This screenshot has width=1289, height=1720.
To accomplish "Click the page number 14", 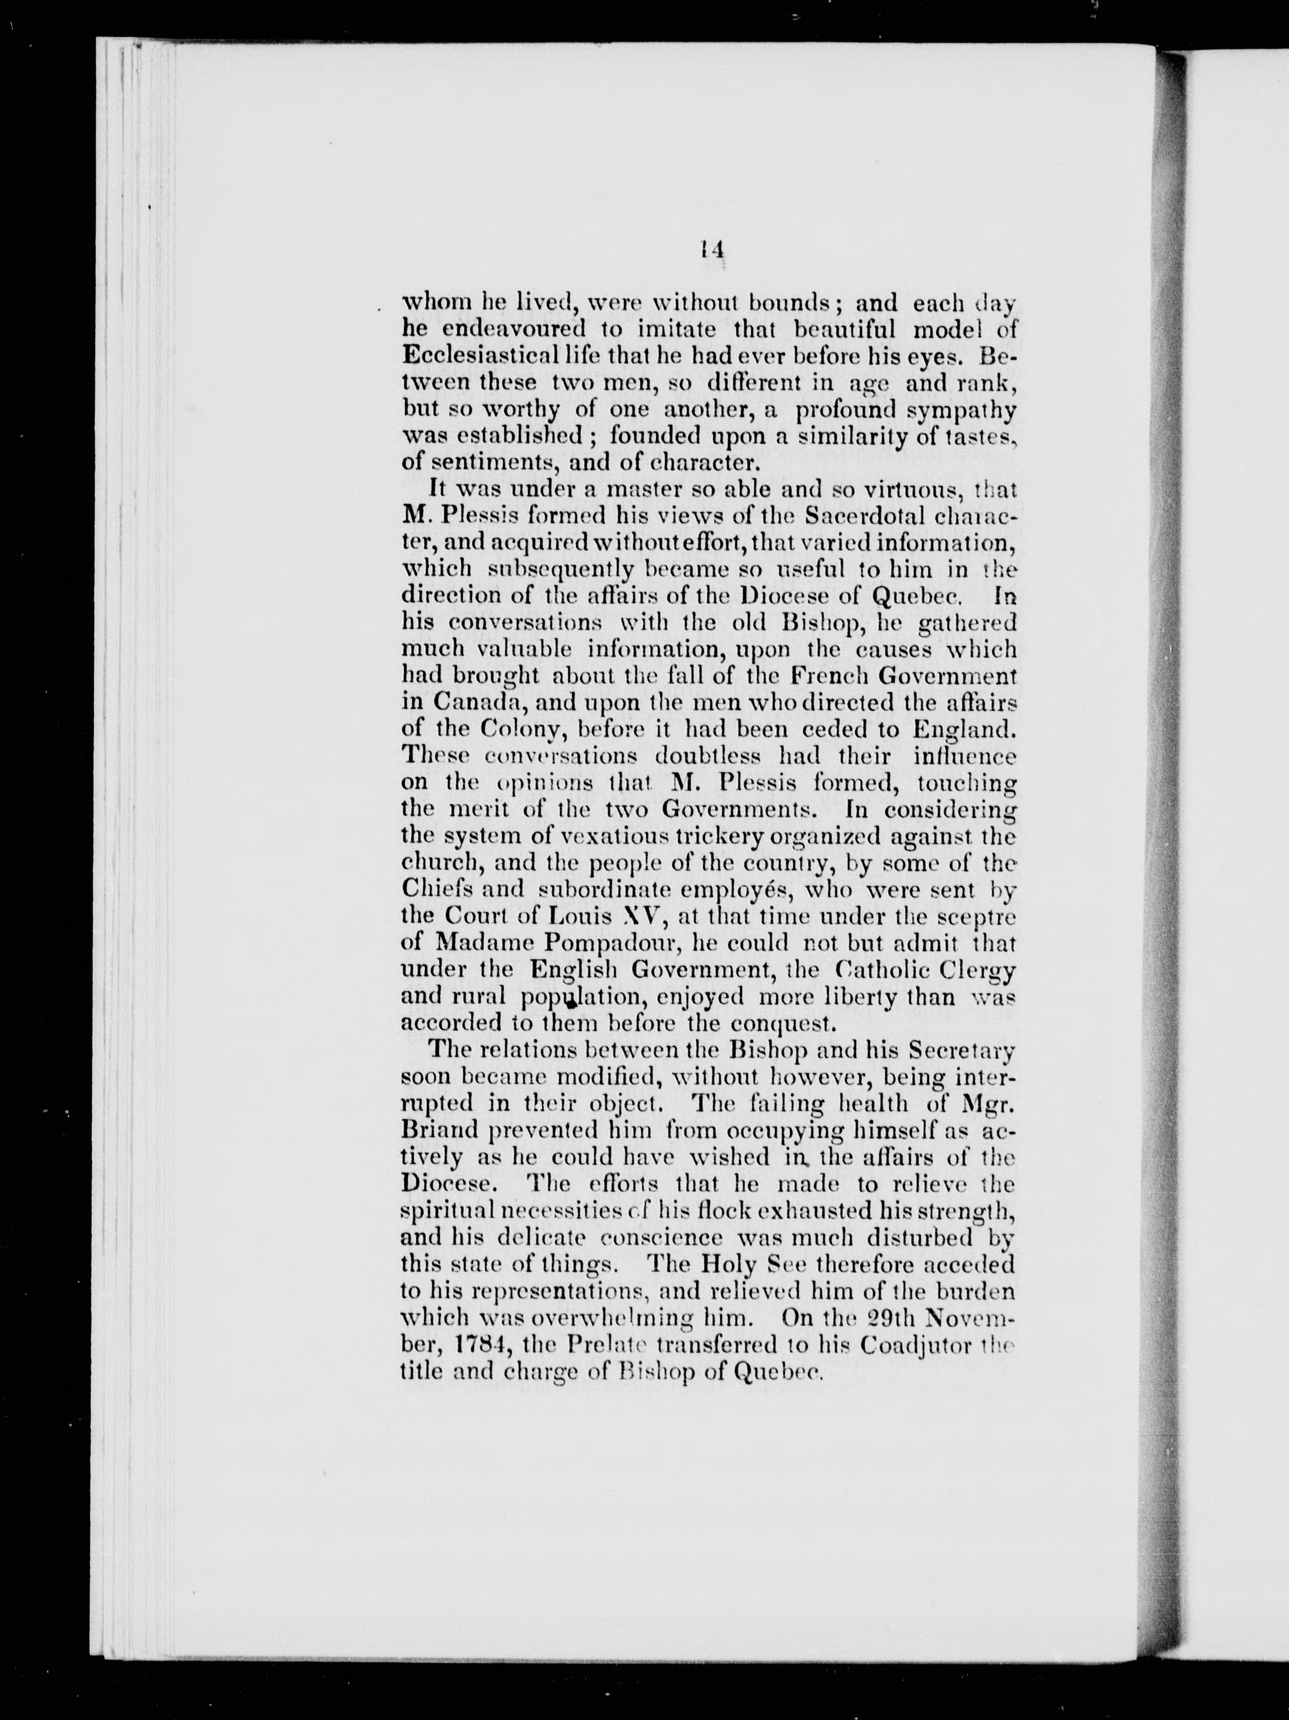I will coord(712,249).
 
